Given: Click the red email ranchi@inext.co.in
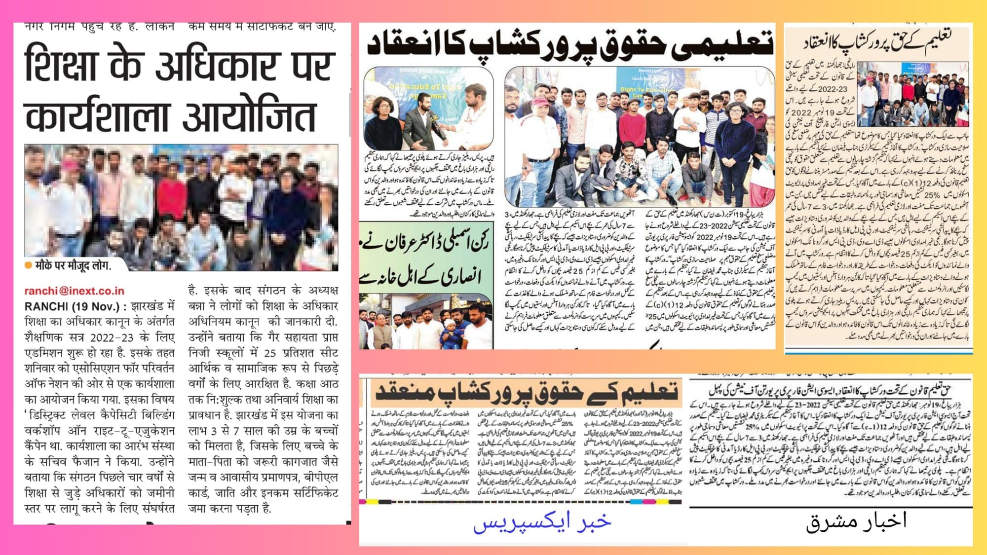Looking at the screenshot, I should (x=74, y=291).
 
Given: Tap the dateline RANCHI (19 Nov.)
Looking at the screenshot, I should (x=72, y=306).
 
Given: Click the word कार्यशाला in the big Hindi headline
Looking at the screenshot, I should (x=96, y=116).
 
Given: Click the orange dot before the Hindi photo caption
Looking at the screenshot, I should (x=28, y=265).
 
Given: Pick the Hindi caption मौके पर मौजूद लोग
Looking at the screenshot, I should (x=73, y=265).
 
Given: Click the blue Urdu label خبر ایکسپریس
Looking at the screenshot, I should (x=542, y=522).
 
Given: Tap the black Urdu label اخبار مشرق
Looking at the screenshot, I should (x=856, y=521).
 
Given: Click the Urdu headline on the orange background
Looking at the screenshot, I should (x=526, y=393).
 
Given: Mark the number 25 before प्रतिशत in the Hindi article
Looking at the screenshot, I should (x=270, y=353).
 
